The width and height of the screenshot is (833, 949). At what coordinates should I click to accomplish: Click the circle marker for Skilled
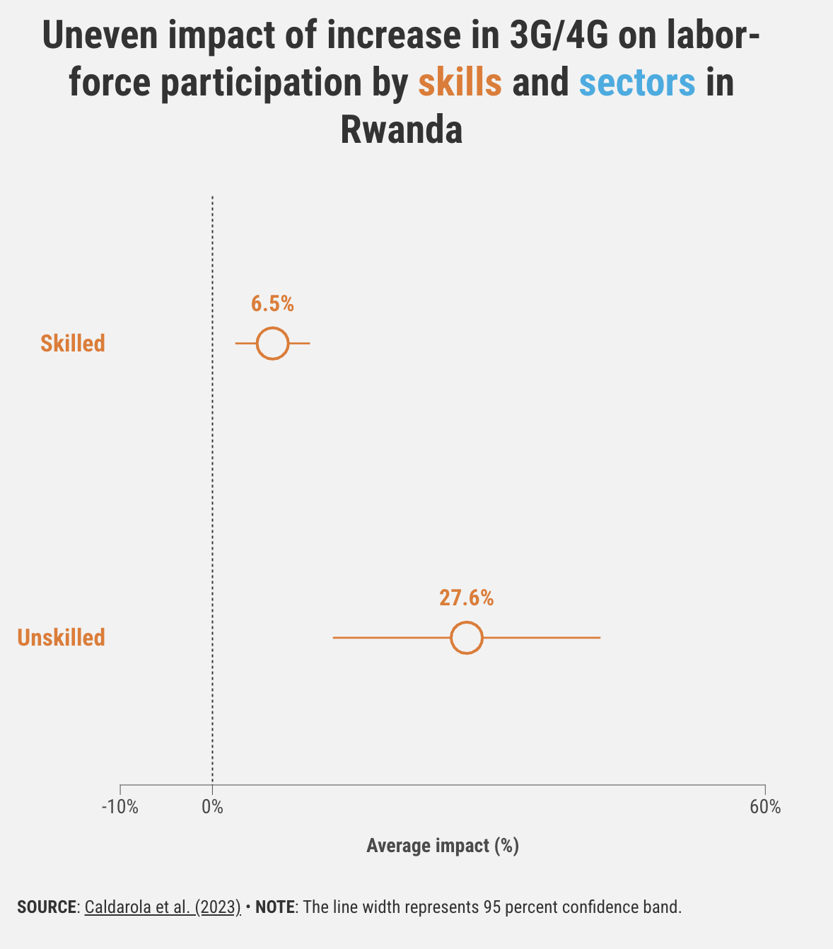(272, 344)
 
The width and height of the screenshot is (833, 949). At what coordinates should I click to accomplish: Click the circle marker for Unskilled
(466, 638)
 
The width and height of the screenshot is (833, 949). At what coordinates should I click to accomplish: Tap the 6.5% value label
(272, 304)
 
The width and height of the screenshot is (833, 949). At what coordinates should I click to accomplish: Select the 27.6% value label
(466, 598)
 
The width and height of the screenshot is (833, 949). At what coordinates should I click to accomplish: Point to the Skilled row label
(73, 344)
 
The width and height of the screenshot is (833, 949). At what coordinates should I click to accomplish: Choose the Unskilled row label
(62, 638)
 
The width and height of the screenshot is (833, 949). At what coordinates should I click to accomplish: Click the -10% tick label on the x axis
(120, 807)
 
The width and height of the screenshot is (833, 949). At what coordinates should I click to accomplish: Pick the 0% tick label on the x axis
(212, 807)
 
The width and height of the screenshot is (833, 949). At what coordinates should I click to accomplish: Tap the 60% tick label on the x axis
(765, 807)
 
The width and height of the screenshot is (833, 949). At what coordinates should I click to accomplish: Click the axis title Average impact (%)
(443, 846)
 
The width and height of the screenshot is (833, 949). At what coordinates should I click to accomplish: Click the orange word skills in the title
(460, 83)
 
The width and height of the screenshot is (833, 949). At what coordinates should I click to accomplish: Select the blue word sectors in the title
(637, 83)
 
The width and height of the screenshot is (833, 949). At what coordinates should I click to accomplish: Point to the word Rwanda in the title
(402, 131)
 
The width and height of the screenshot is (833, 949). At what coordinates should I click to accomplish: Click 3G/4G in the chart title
(559, 37)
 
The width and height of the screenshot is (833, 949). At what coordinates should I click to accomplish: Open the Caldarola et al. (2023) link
(163, 907)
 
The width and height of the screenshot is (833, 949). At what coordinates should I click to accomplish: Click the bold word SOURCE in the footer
(47, 907)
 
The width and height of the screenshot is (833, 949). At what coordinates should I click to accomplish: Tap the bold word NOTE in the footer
(275, 907)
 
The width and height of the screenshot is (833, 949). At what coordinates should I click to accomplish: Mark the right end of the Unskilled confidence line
(599, 638)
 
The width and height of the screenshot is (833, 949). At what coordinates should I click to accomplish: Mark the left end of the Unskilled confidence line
(334, 638)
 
